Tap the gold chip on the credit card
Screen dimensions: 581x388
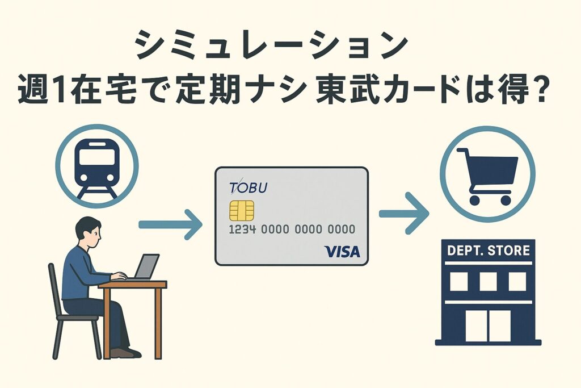tap(242, 211)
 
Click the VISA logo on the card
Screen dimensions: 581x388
tap(342, 252)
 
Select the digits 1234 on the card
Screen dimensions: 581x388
tap(242, 230)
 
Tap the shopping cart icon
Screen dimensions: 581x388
tap(487, 176)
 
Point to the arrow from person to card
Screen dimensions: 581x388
tap(170, 224)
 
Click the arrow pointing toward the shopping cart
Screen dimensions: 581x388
tap(404, 213)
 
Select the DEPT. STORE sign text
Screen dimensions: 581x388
tap(489, 251)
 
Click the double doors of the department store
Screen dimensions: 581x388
tap(488, 326)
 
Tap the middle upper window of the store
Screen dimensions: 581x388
tap(488, 282)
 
